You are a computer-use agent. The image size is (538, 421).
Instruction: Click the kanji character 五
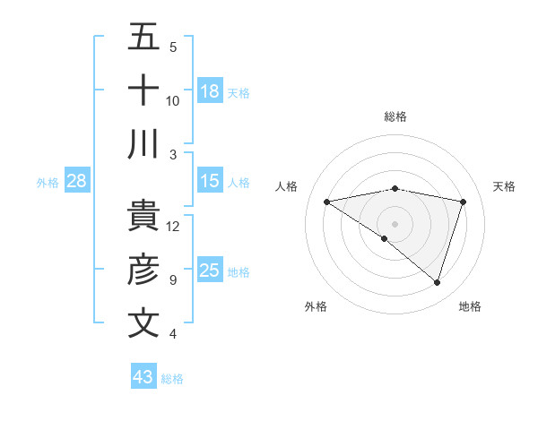(143, 38)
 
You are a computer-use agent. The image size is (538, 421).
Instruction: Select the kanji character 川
(143, 144)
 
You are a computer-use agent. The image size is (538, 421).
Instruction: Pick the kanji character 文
(143, 323)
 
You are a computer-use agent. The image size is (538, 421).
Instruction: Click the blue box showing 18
(210, 91)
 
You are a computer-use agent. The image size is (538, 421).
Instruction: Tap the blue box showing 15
(210, 181)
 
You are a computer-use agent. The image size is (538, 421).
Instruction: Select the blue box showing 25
(210, 271)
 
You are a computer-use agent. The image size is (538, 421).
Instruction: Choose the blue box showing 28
(77, 181)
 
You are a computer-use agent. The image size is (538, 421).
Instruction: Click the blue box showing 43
(143, 377)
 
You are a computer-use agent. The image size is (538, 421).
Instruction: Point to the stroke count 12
(173, 226)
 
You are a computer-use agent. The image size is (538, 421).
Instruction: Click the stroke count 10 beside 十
(173, 100)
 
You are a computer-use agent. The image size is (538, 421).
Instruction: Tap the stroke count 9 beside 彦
(173, 279)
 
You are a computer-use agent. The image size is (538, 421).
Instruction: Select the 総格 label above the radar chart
(395, 116)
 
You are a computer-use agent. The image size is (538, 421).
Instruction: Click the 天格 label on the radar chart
(504, 186)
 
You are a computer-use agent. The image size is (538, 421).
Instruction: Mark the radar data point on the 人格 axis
(326, 202)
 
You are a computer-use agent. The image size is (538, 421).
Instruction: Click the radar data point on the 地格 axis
(437, 282)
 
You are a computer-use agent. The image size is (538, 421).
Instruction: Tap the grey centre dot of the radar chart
(395, 222)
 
